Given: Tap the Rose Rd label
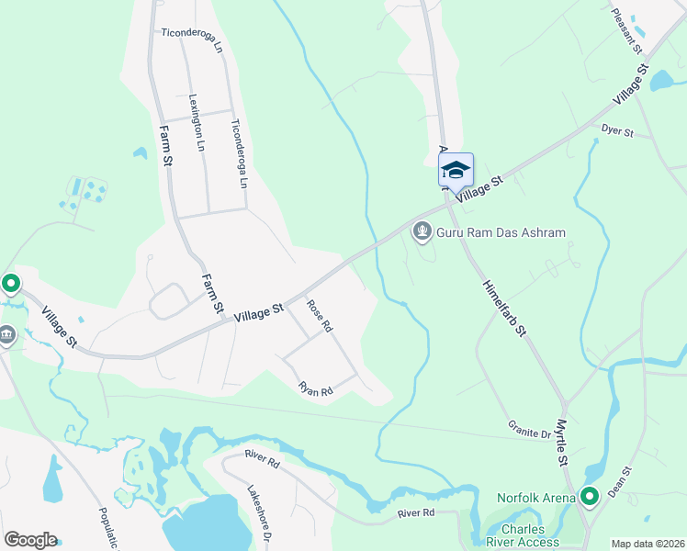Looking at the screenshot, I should pos(319,316).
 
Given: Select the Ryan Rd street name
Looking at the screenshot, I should pos(314,390).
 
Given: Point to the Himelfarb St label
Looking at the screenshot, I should pos(501,308).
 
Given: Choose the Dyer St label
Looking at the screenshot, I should pos(617,132).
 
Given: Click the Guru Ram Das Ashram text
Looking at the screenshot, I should pos(501,232).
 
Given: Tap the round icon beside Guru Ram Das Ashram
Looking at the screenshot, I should pos(422,231).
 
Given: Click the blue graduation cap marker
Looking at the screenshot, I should pos(456,170).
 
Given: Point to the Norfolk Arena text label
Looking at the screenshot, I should pos(536,499).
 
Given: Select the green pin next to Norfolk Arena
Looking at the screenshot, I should pos(589,497).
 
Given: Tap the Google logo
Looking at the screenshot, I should pos(30,540).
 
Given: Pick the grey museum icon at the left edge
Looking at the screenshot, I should pos(6,336).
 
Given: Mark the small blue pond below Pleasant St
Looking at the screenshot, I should pos(661,81).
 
